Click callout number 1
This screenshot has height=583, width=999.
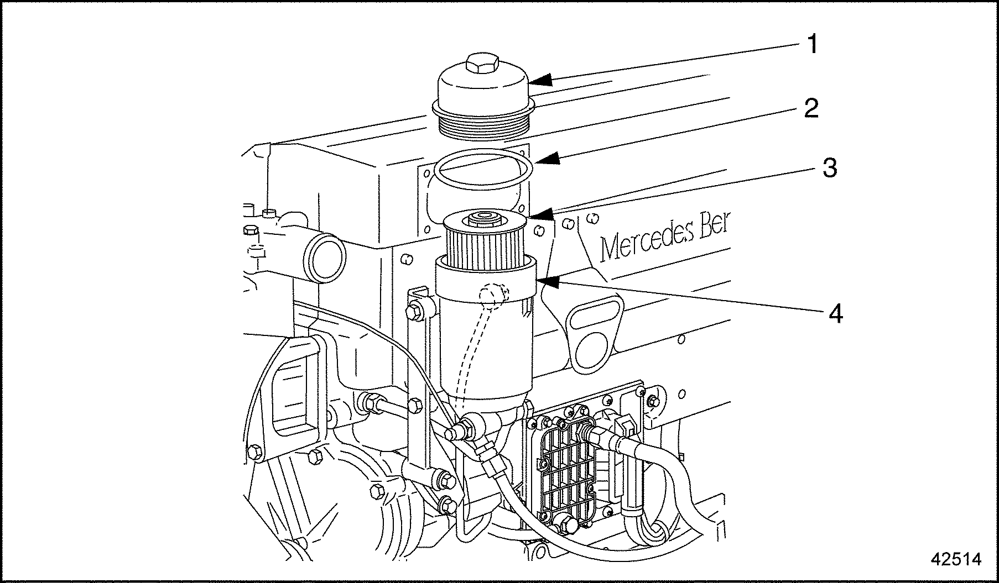tap(811, 44)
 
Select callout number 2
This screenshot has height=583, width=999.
tap(811, 108)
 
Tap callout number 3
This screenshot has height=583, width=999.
tap(829, 168)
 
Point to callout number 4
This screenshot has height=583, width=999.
tap(835, 314)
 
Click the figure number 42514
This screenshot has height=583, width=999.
tap(955, 559)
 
